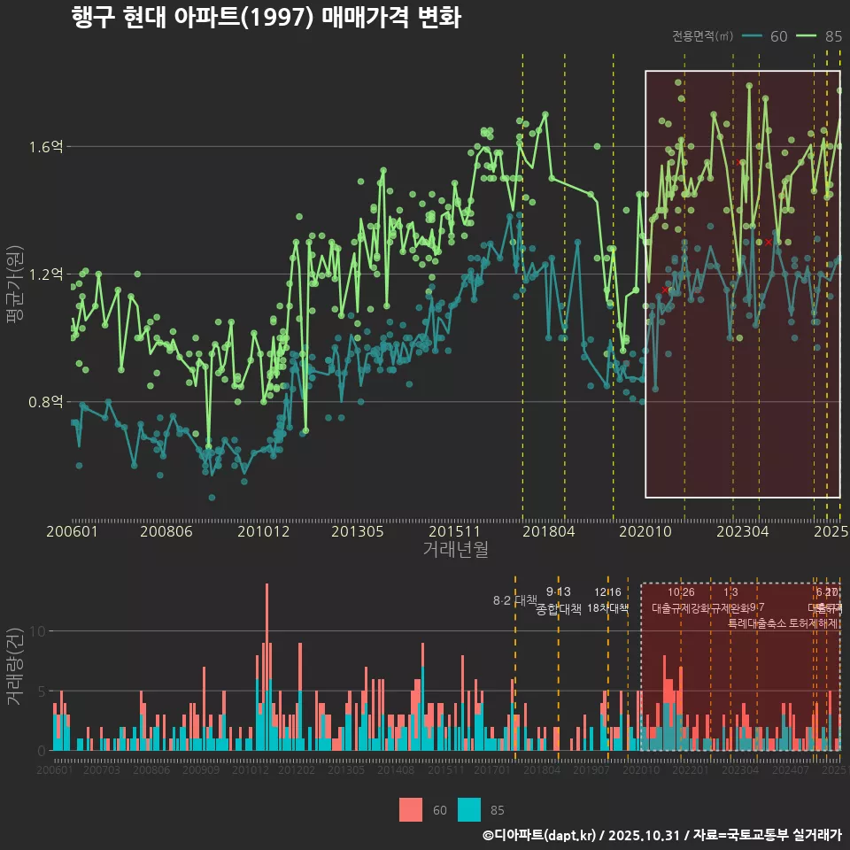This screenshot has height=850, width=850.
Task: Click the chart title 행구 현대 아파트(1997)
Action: tap(266, 19)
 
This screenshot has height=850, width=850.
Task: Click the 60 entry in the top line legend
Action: tap(778, 36)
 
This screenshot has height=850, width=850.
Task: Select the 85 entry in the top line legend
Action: tap(832, 36)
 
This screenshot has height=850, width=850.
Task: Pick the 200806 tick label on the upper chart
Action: tap(166, 532)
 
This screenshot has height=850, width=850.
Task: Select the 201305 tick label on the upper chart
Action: tap(357, 532)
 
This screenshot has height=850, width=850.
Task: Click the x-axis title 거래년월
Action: tap(455, 550)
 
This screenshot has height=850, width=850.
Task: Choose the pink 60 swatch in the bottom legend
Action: tap(411, 809)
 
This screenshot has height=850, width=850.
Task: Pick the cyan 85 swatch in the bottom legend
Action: tap(469, 809)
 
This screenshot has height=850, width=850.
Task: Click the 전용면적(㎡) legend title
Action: tap(702, 36)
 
